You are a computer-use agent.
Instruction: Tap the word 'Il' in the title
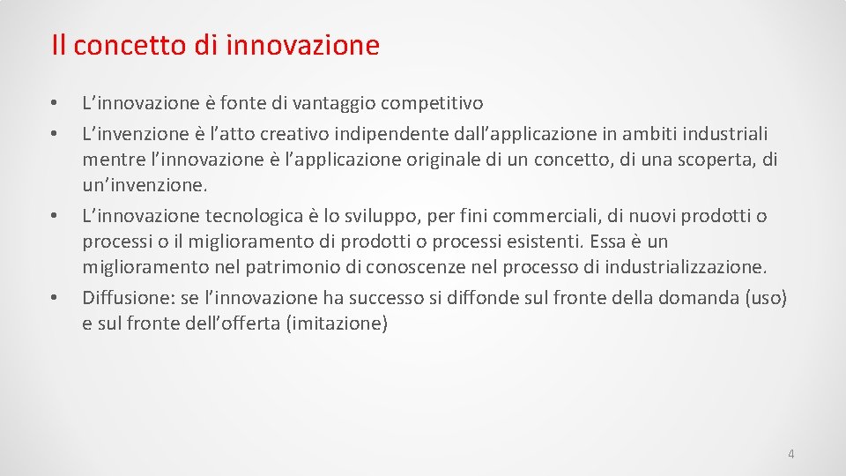pyautogui.click(x=57, y=45)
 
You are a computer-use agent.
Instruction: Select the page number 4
pyautogui.click(x=790, y=454)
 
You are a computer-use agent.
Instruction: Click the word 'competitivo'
pyautogui.click(x=431, y=105)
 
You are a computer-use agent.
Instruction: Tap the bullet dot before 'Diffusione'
pyautogui.click(x=54, y=298)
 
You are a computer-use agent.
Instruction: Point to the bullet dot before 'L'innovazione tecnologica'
pyautogui.click(x=54, y=216)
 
